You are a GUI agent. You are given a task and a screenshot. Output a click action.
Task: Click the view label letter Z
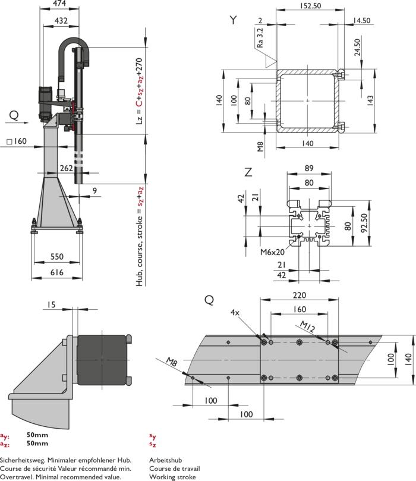point(248,173)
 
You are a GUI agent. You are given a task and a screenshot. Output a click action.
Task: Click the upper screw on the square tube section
point(342,74)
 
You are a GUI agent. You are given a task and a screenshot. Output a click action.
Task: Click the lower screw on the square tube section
point(342,125)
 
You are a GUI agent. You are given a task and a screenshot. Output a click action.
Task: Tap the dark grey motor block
point(102,359)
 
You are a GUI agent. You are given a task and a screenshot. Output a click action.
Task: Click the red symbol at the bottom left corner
point(6,440)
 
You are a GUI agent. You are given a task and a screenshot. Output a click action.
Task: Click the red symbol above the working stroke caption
point(153,439)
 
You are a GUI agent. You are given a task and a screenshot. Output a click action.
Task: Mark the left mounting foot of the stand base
point(35,225)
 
